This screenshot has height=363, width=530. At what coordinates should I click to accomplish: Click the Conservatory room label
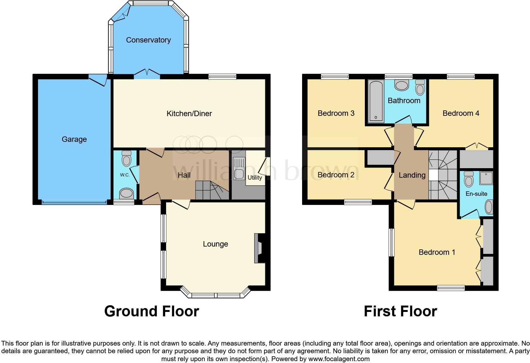click(x=148, y=40)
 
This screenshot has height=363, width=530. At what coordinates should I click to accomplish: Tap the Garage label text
click(x=74, y=139)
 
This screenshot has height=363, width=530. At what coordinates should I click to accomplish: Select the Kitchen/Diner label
click(x=189, y=114)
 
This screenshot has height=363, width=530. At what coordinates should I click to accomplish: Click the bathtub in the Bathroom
click(x=376, y=101)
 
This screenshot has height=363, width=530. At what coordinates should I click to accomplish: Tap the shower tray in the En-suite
click(x=486, y=178)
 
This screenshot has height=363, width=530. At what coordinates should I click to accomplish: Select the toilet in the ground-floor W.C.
click(x=126, y=158)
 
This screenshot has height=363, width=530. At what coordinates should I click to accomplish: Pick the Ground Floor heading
click(x=152, y=311)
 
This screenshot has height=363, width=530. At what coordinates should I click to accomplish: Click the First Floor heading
click(x=400, y=311)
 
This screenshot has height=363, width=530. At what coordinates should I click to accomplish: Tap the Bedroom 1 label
click(x=437, y=252)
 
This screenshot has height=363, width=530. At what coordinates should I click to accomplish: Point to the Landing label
click(x=412, y=175)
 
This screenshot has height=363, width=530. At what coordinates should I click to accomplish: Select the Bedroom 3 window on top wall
click(x=334, y=76)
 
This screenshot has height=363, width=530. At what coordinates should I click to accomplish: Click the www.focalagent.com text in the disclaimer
click(x=339, y=359)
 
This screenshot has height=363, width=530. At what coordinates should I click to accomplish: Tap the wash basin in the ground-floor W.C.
click(x=126, y=193)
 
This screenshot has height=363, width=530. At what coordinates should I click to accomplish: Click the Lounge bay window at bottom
click(x=216, y=295)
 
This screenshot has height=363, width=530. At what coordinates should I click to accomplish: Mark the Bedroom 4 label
click(x=461, y=113)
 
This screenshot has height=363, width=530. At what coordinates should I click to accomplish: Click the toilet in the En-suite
click(x=469, y=180)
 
